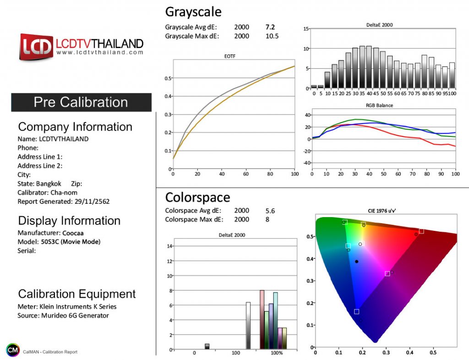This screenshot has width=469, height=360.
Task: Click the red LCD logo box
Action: click(x=36, y=47)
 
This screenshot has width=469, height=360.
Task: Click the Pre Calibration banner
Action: click(x=81, y=102)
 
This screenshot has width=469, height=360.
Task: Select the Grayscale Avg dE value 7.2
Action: click(x=270, y=27)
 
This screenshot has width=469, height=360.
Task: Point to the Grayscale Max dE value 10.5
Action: click(x=272, y=36)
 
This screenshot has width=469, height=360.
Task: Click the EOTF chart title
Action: click(x=234, y=57)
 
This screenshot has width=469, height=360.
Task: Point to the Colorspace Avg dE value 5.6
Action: click(x=270, y=211)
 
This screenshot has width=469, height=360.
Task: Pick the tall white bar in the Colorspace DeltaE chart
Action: click(x=248, y=325)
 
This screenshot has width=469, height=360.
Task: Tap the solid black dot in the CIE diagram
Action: click(x=357, y=262)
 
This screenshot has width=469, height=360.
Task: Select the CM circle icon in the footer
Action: click(x=13, y=350)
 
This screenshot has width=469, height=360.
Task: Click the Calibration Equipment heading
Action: click(x=77, y=294)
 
